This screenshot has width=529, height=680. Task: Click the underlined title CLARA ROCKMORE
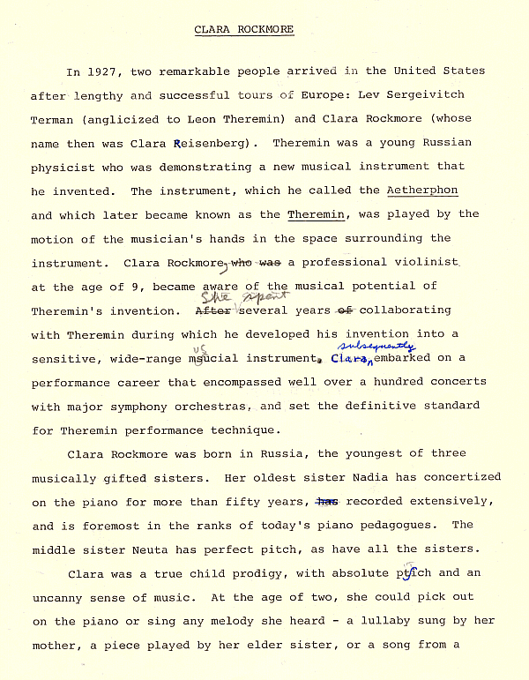point(244,29)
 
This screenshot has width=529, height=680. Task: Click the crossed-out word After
point(211,310)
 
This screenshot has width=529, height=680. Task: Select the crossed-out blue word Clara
point(347,359)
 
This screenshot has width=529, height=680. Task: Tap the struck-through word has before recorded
point(327,501)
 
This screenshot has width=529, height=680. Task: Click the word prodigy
point(272,572)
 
